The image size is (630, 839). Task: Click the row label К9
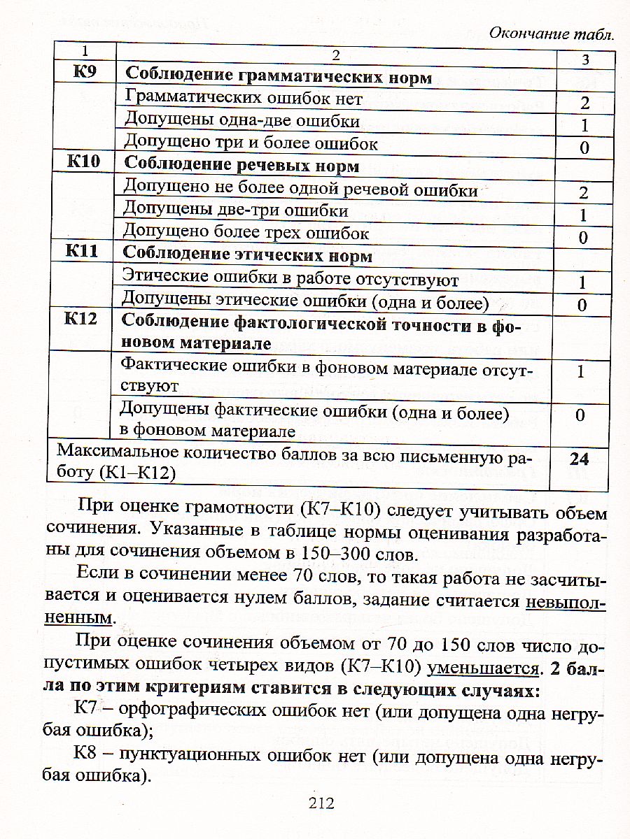pos(85,75)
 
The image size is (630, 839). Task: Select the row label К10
pos(83,164)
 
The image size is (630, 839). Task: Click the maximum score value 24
pos(579,459)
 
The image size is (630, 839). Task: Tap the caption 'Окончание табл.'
pos(551,33)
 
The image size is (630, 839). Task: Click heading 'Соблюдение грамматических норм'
pos(278,76)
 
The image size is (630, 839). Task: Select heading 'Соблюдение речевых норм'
pos(241,166)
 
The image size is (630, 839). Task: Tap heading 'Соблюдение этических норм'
pos(248,255)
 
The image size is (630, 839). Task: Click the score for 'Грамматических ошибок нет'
pos(584,103)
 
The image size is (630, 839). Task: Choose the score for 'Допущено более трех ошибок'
pos(582,238)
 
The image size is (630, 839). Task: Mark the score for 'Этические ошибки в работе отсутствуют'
pos(582,283)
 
